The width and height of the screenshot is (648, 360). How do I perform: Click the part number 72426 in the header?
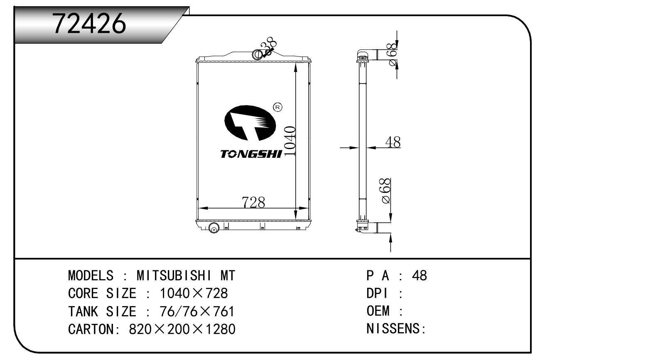[89, 23]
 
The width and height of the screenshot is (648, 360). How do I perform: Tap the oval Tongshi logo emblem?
[250, 123]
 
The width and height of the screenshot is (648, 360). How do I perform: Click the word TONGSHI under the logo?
[251, 154]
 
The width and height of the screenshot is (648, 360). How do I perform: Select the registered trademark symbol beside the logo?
[277, 107]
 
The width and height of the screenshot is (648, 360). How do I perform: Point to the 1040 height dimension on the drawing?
[290, 142]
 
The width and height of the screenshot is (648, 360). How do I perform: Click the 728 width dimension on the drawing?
[253, 202]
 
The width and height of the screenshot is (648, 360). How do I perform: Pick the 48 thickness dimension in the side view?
[393, 142]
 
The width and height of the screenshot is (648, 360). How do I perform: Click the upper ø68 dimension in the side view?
[392, 54]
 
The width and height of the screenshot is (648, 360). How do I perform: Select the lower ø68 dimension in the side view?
[386, 191]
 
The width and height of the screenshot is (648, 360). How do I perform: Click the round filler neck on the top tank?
[257, 55]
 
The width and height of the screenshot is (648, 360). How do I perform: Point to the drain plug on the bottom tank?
[214, 228]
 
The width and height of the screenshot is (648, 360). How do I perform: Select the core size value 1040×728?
[194, 293]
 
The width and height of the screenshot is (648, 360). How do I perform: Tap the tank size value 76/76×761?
[197, 311]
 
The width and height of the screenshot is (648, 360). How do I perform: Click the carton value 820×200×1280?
[182, 329]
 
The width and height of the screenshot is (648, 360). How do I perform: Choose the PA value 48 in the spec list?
[420, 276]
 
